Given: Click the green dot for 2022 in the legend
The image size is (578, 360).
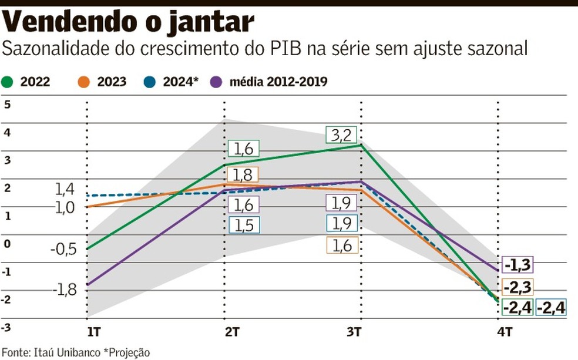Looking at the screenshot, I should pyautogui.click(x=8, y=82).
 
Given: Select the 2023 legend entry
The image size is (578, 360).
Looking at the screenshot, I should pyautogui.click(x=110, y=82).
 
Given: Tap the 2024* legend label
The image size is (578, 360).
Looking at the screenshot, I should pyautogui.click(x=179, y=82).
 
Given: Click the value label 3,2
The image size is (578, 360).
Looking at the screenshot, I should pyautogui.click(x=341, y=135).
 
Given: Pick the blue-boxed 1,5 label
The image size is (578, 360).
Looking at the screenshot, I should pyautogui.click(x=244, y=226).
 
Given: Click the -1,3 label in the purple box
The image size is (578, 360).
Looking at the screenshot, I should pyautogui.click(x=517, y=265).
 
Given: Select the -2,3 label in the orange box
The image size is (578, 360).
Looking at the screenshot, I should pyautogui.click(x=517, y=287).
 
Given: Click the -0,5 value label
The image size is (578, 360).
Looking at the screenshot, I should pyautogui.click(x=63, y=249).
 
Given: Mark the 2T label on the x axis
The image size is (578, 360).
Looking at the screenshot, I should pyautogui.click(x=231, y=332).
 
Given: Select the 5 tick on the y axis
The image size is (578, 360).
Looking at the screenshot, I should pyautogui.click(x=7, y=105).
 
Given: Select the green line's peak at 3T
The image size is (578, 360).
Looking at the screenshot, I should pyautogui.click(x=361, y=145).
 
